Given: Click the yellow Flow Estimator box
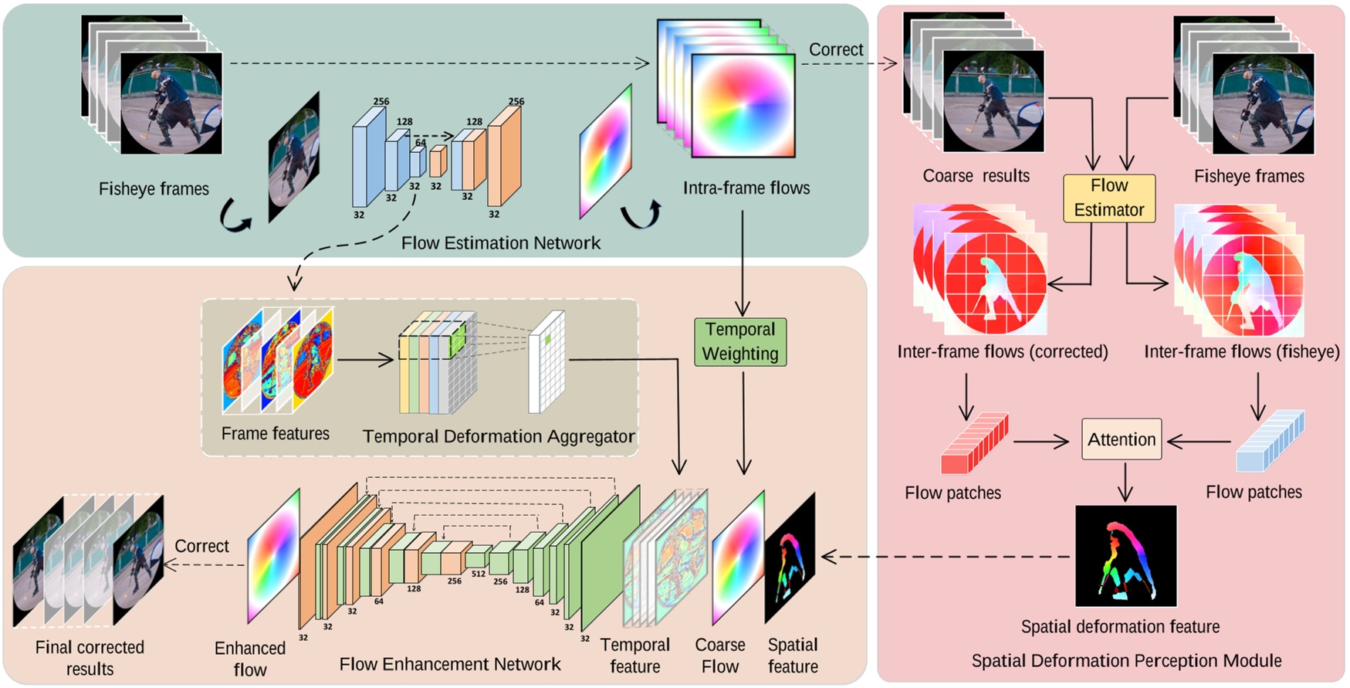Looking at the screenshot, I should click(x=1108, y=198).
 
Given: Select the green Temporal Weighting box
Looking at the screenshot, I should click(x=739, y=341).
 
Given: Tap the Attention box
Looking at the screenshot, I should click(x=1121, y=439).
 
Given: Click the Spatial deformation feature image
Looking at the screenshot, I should click(x=1125, y=556).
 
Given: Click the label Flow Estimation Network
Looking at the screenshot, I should click(x=500, y=243).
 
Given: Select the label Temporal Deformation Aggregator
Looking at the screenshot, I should click(x=499, y=436).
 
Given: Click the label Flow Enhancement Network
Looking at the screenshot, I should click(x=450, y=664).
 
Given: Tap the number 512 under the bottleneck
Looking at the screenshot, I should click(x=479, y=574).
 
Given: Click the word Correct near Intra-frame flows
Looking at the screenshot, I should click(x=835, y=49).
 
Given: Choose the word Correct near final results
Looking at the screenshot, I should click(x=201, y=546).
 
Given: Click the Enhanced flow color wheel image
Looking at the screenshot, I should click(x=273, y=556).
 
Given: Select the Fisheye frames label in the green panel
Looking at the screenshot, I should click(x=154, y=189).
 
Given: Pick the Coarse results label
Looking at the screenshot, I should click(x=976, y=176).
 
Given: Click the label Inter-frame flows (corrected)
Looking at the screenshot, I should click(x=1002, y=352).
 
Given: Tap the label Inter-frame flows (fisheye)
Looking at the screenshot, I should click(x=1241, y=352).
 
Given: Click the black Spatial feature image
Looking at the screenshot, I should click(x=790, y=558).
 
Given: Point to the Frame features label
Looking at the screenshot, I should click(x=275, y=434).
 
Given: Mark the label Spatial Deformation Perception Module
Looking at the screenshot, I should click(x=1125, y=661).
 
